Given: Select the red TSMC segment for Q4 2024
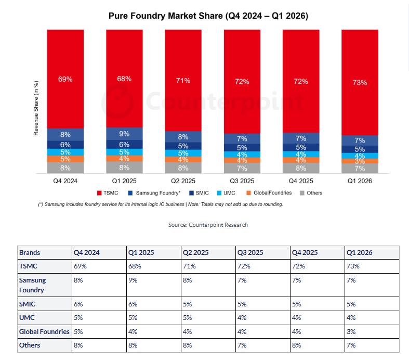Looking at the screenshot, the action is pos(65,79).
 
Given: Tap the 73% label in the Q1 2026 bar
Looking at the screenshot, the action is pos(360,83).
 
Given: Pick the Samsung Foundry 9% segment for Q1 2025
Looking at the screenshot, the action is pos(124,134).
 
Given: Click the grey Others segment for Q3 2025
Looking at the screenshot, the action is pos(242,168).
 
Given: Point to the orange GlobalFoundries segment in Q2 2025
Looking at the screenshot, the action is pos(183,160).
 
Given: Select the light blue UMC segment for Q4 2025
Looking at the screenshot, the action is pos(301,155).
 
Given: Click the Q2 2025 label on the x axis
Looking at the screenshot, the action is pos(183,181).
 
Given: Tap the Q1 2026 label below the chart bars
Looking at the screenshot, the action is pos(360,181).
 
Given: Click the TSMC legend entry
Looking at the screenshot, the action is pos(108,193).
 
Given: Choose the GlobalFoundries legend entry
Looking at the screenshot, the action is pos(269,193).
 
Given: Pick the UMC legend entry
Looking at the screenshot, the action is pos(226,193).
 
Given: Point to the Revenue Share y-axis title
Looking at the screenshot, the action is pos(36,108).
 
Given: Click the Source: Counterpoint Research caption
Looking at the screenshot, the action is pos(208,225).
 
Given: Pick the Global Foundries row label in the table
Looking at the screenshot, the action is pos(45,331).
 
